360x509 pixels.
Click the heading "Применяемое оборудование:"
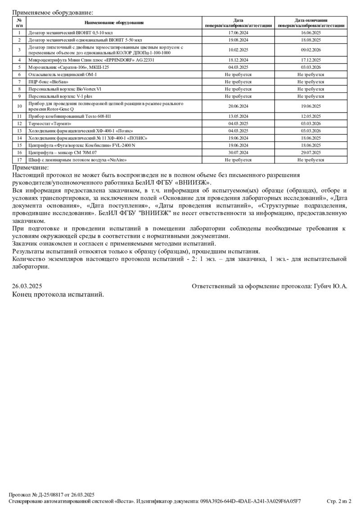click(x=53, y=13)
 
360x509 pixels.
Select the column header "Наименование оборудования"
click(x=114, y=23)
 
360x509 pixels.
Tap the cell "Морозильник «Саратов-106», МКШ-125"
click(x=69, y=67)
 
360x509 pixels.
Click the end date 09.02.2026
click(x=310, y=50)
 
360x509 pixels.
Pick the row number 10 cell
click(x=19, y=106)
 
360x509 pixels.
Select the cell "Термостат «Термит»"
click(x=50, y=123)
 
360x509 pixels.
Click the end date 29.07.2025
click(x=310, y=152)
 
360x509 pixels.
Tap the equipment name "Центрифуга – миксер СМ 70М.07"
click(x=63, y=152)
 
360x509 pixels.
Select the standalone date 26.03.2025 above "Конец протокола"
click(x=27, y=286)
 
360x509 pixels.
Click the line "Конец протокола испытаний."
click(x=58, y=295)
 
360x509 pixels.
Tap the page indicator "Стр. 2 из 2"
click(x=338, y=501)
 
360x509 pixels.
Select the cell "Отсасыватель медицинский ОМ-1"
click(x=63, y=74)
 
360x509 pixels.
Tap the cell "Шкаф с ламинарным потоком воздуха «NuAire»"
click(x=76, y=160)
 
